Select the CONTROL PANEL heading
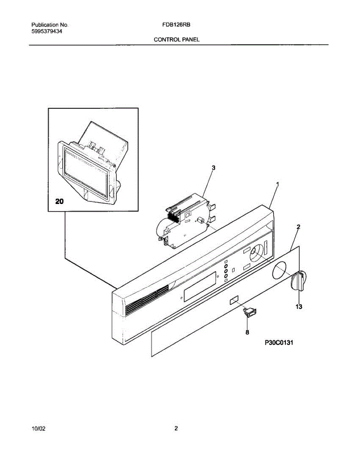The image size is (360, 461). pos(177,40)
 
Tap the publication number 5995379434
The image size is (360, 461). pos(47,32)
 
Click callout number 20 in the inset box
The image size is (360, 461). pos(60,202)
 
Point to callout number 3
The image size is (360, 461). pos(214,167)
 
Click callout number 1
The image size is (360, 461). pos(277,184)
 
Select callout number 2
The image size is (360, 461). pos(299,227)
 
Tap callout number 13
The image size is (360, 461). pos(299,307)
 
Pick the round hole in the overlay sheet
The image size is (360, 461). pos(279,270)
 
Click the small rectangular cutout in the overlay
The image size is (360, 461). pos(234,301)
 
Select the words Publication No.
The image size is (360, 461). pos(50,25)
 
